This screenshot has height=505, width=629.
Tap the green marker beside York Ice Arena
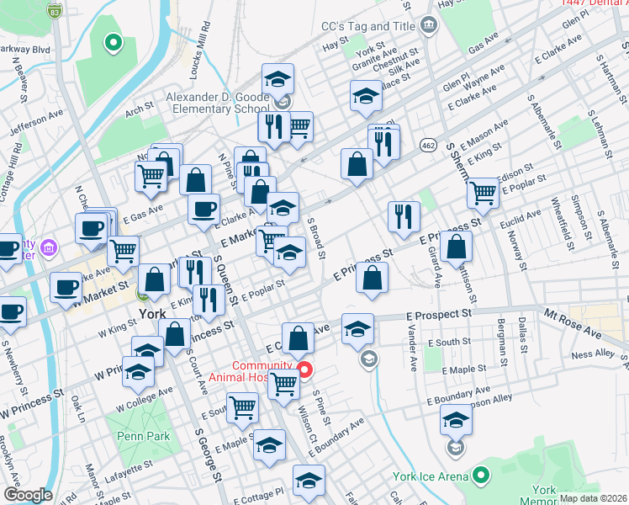pyautogui.click(x=481, y=476)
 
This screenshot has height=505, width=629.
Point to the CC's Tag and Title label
pyautogui.click(x=369, y=26)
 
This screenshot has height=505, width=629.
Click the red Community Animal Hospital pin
pyautogui.click(x=305, y=369)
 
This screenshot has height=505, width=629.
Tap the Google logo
pyautogui.click(x=28, y=495)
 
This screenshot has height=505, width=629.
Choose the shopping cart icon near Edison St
pyautogui.click(x=484, y=193)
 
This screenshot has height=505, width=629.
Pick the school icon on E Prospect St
pyautogui.click(x=357, y=328)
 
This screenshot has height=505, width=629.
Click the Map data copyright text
pyautogui.click(x=593, y=498)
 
